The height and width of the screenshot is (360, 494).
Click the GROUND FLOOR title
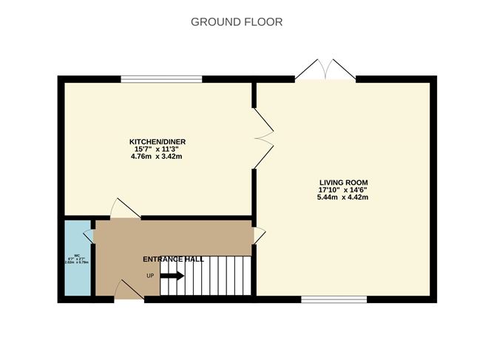237,21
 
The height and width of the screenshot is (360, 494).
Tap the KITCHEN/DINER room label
157,141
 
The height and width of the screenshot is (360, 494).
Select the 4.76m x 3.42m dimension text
157,156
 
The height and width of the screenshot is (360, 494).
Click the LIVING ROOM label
343,182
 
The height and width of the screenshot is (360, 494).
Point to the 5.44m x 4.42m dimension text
343,197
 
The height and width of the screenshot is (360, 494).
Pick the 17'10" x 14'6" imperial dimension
343,189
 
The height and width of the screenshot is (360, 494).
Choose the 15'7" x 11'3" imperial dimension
157,149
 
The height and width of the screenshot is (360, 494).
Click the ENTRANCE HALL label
173,259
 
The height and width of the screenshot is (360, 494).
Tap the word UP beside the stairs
150,276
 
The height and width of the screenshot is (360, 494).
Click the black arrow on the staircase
172,276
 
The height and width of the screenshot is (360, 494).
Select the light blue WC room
76,259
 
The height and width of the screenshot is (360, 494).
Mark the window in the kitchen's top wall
162,78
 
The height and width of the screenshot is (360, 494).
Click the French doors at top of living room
326,70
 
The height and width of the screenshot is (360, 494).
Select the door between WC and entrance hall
90,235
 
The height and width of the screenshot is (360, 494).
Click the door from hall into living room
259,235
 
